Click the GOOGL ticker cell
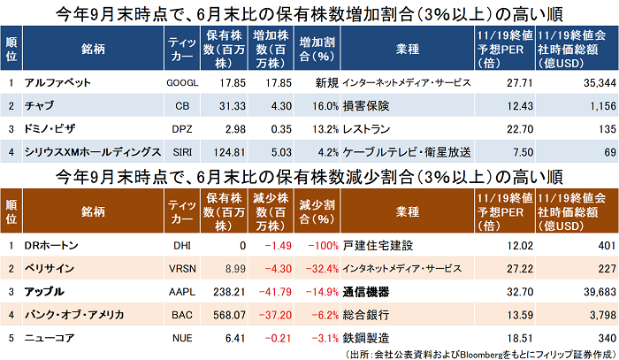(x=181, y=81)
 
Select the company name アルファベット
(x=60, y=81)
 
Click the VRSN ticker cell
(x=181, y=266)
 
